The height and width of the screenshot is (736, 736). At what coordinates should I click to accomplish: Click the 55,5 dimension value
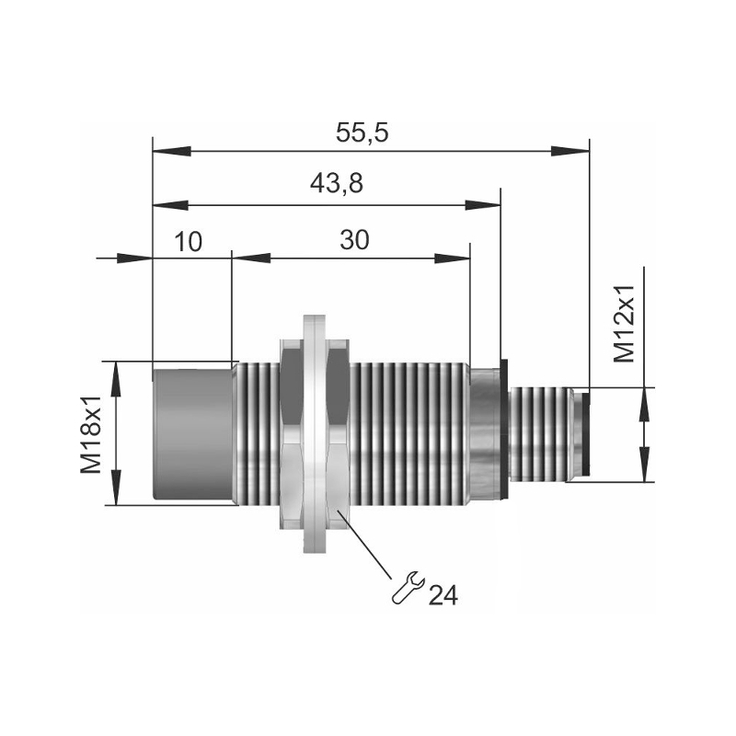coord(362,133)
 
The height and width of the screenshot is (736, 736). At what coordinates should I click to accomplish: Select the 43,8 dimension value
coord(337,183)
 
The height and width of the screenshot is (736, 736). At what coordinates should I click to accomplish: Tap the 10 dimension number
coord(189,241)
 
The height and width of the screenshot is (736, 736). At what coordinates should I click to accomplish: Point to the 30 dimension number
coord(355,240)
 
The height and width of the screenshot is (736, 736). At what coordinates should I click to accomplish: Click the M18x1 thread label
coord(90,433)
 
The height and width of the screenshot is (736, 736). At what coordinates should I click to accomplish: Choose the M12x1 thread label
coord(624,324)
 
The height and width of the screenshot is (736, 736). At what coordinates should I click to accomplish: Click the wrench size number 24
coord(443,595)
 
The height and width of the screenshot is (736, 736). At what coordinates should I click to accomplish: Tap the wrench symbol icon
coord(407,587)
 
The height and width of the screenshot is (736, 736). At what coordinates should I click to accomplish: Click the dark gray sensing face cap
coord(193,434)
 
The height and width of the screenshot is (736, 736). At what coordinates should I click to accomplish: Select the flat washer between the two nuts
coord(315,433)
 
